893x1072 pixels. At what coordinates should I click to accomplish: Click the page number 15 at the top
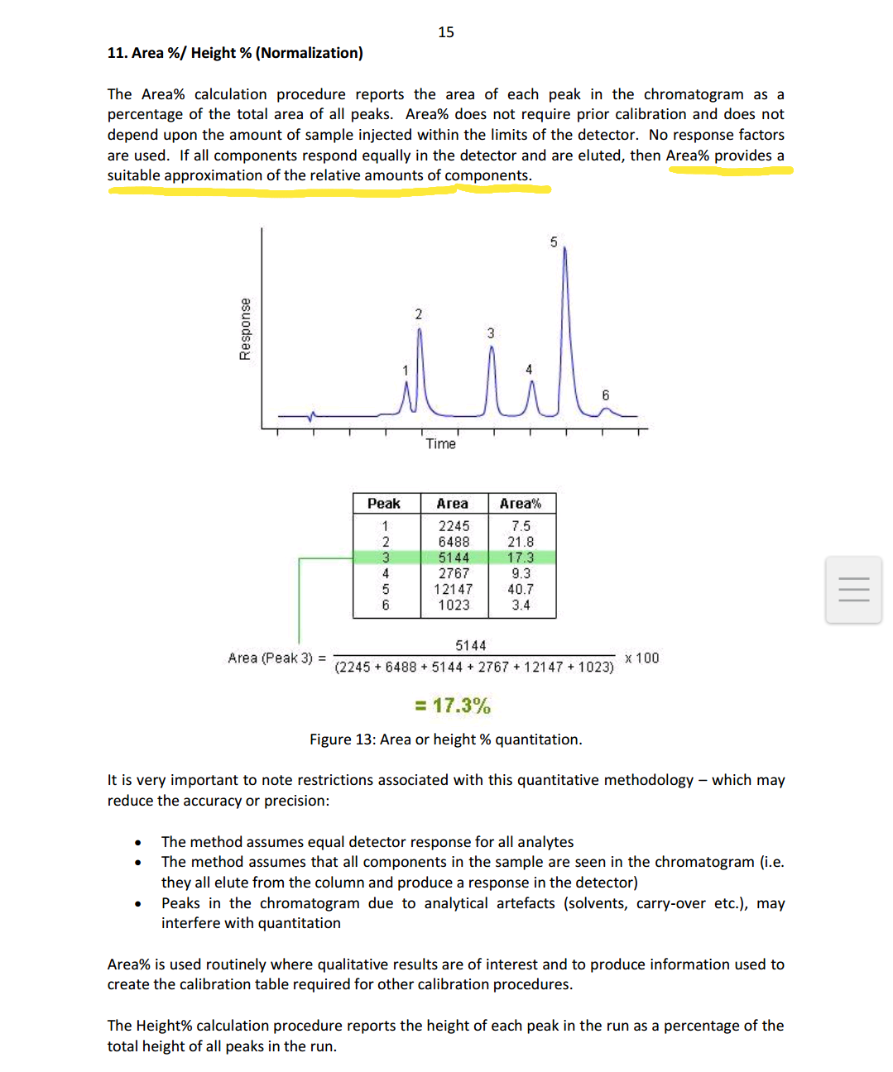point(446,32)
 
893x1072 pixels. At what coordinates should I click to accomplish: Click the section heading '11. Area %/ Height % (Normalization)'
point(235,53)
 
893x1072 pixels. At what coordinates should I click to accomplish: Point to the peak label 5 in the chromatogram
point(554,242)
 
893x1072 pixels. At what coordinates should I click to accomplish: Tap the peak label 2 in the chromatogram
point(418,314)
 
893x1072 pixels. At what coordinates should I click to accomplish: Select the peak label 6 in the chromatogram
point(605,395)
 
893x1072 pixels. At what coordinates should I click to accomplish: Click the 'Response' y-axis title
point(245,329)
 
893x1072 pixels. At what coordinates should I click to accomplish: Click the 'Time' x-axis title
point(440,444)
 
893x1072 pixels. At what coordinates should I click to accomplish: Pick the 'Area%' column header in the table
point(521,504)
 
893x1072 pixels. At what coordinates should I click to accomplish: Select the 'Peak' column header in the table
point(384,504)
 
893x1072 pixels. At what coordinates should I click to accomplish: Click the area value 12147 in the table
point(454,589)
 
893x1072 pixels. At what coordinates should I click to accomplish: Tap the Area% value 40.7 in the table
point(521,589)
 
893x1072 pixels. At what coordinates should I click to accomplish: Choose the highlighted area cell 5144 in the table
point(454,558)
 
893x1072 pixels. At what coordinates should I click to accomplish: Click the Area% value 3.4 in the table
point(521,605)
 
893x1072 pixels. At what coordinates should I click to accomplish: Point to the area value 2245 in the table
point(454,526)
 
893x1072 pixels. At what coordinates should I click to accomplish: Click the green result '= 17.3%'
point(453,706)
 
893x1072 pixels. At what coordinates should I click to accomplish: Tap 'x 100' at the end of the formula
point(642,658)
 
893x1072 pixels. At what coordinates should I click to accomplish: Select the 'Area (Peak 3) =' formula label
point(276,658)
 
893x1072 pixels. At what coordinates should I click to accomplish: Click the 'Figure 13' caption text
point(445,739)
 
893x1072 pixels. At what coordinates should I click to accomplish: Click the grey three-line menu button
point(853,590)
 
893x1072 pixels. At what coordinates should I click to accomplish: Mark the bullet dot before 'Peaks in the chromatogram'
point(137,904)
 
